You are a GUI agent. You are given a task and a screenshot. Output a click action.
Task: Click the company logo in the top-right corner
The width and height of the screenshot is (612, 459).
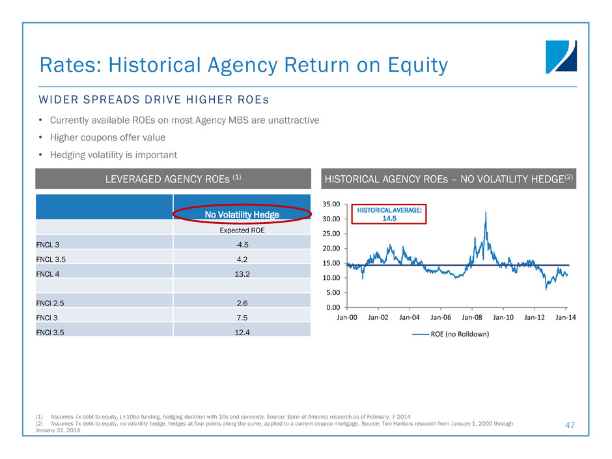561,56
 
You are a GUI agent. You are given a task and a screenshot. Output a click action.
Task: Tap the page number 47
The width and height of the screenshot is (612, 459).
571,424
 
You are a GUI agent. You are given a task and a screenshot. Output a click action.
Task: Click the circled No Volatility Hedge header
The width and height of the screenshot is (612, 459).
242,214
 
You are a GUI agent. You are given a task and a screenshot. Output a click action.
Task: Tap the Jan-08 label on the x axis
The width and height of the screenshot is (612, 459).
472,320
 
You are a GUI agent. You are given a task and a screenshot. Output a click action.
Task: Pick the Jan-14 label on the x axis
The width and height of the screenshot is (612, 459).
566,320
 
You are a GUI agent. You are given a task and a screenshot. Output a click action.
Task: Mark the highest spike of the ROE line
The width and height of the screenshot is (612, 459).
486,212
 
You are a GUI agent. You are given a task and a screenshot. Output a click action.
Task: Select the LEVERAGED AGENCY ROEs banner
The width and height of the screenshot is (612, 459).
173,178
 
